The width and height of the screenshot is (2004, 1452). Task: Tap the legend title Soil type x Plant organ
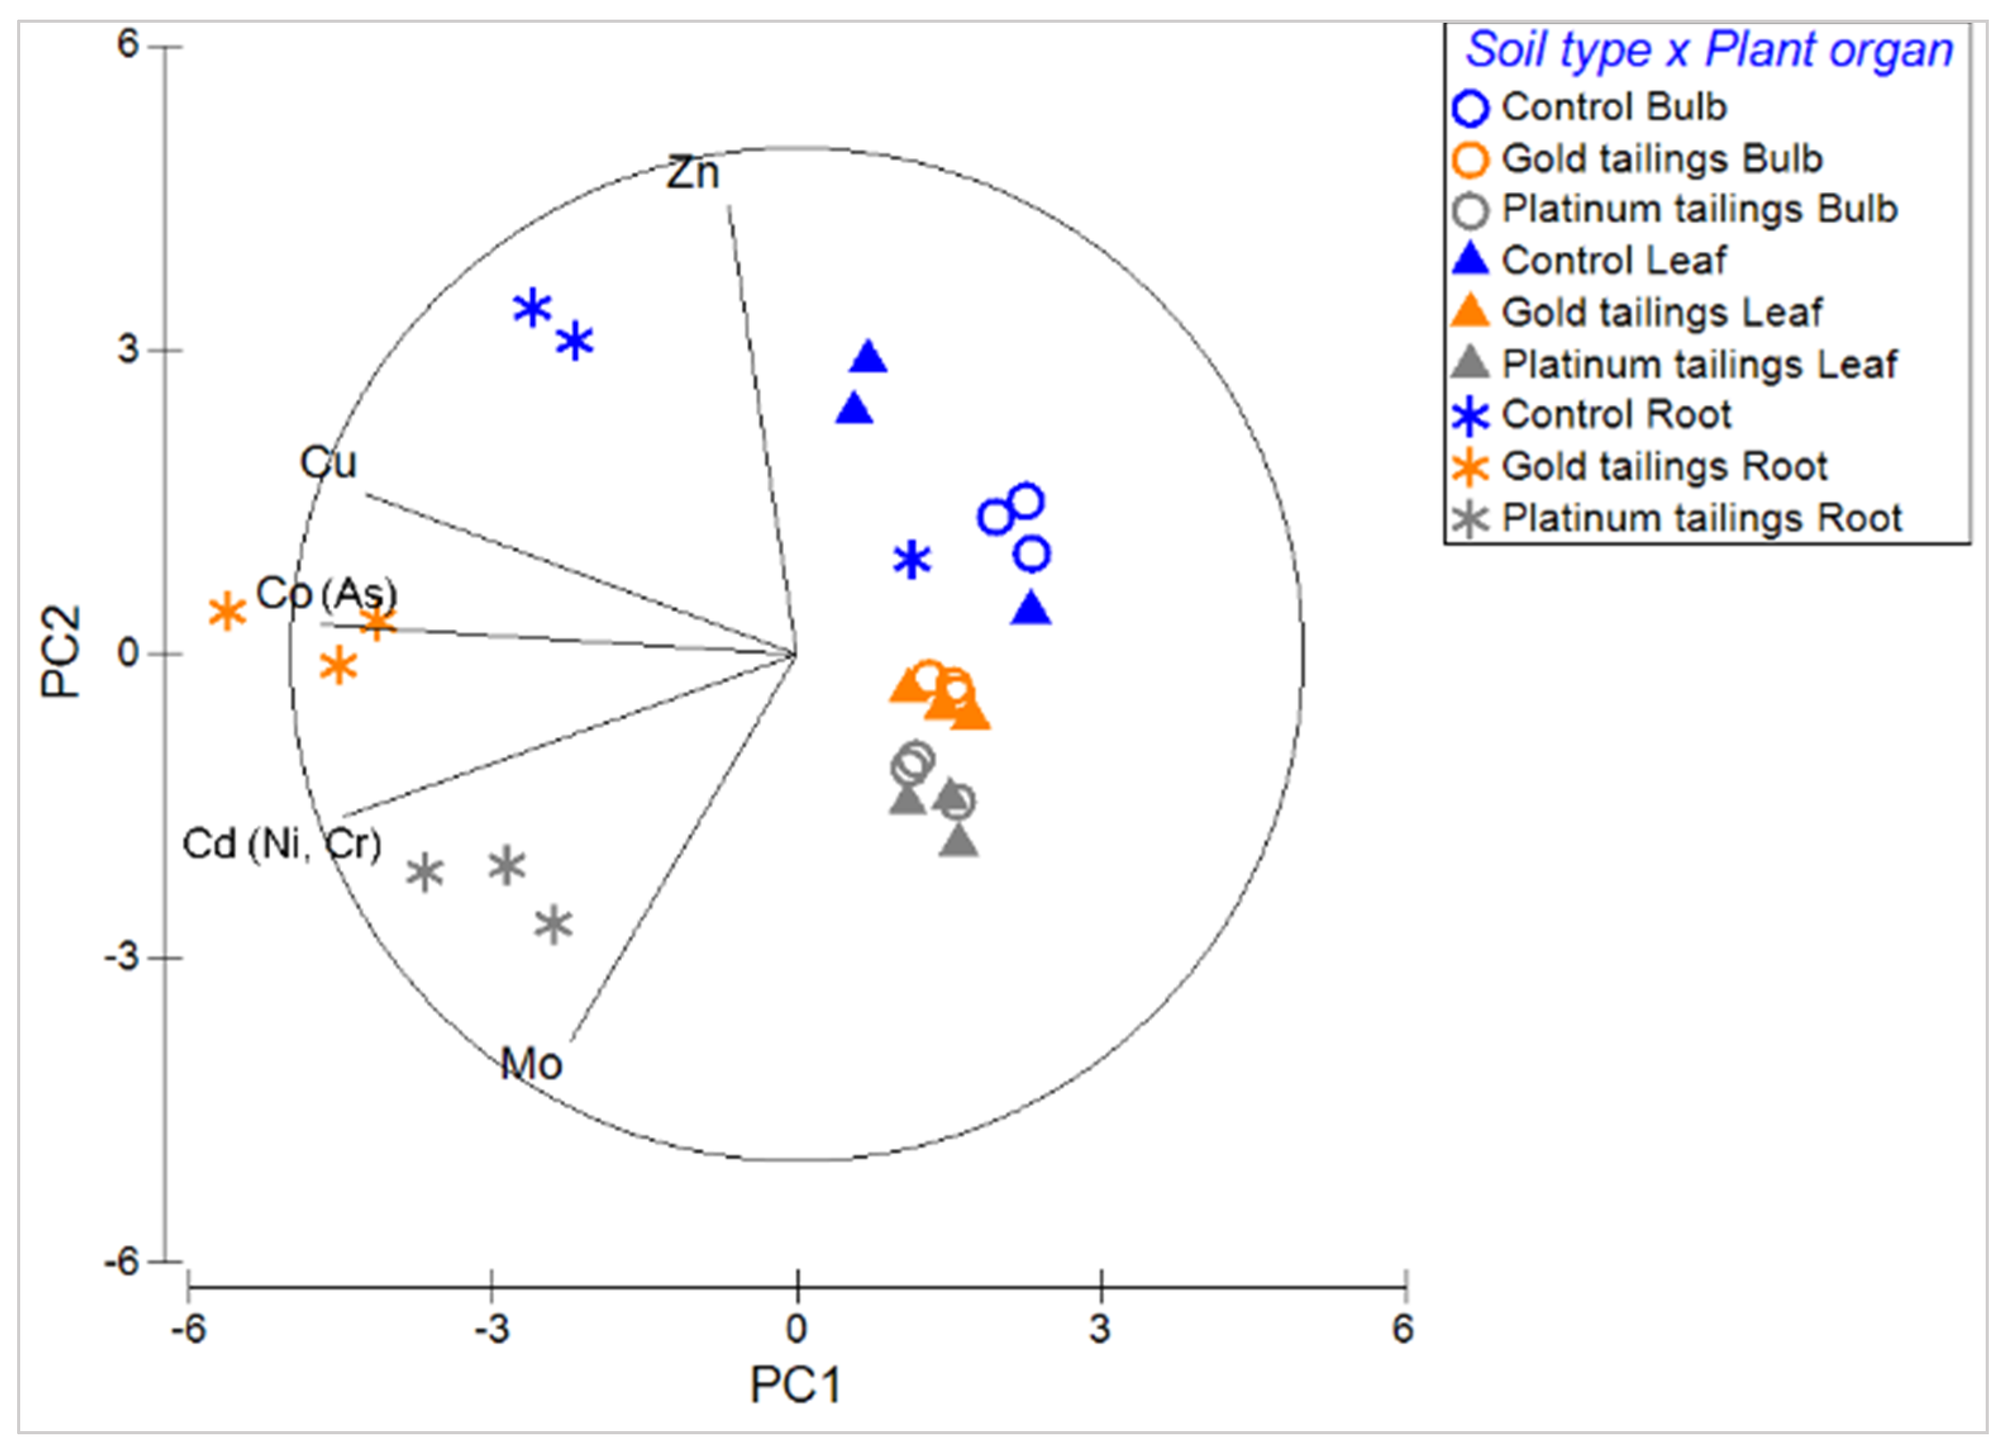point(1709,51)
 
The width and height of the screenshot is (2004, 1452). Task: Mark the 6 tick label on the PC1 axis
point(1403,1327)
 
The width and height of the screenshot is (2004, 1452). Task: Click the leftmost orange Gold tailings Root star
point(227,612)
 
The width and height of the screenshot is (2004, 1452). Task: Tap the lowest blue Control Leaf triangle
point(1030,609)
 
